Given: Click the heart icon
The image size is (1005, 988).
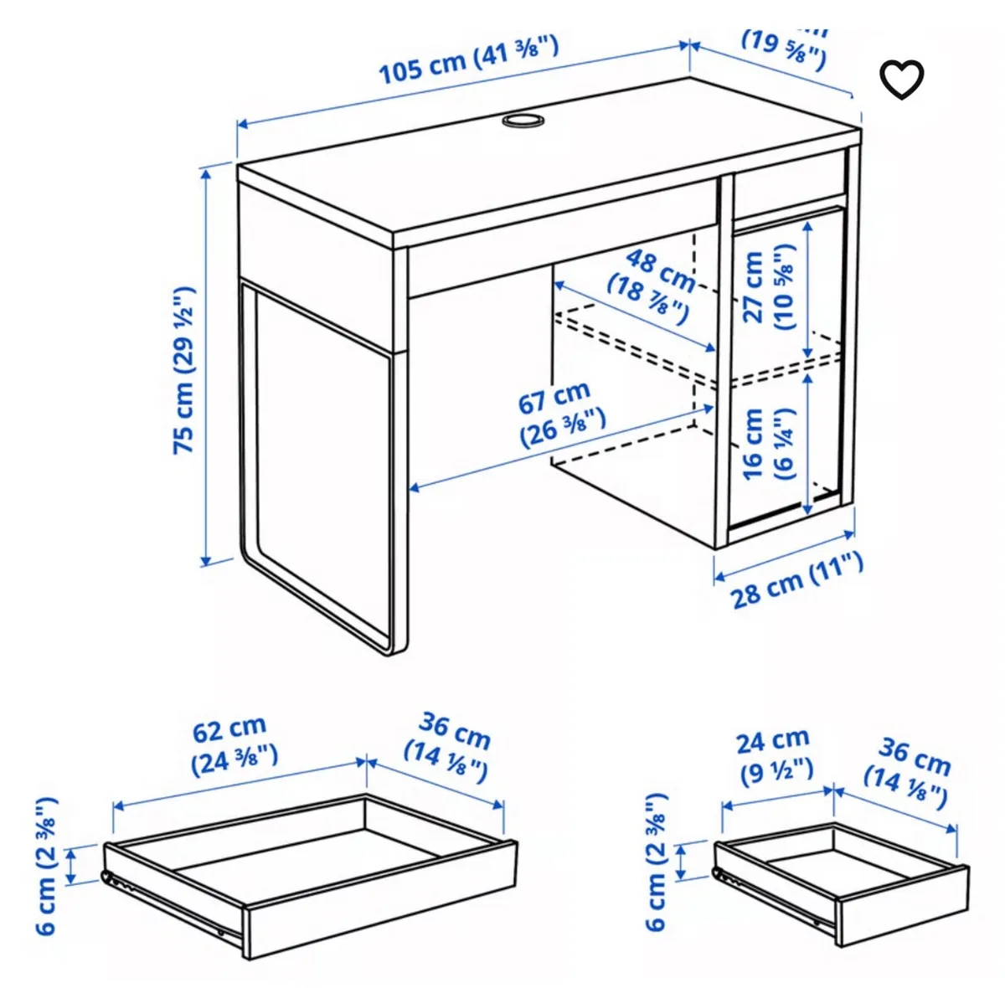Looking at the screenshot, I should tap(901, 80).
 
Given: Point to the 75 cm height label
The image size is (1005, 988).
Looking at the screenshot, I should tap(183, 369).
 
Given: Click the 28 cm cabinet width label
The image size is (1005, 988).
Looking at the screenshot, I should tap(796, 579).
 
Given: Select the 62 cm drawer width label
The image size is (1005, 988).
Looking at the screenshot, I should tap(232, 744).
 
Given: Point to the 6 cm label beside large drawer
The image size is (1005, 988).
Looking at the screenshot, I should tap(47, 866).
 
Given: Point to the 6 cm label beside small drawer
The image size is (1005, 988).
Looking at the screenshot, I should tap(657, 862).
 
